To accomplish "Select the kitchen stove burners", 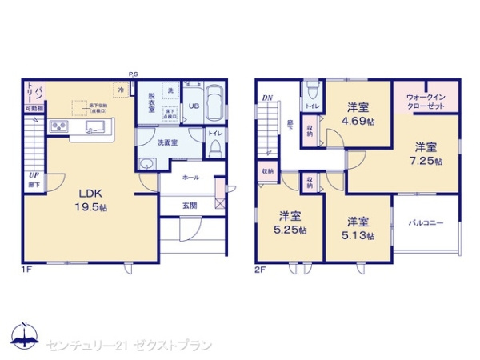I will pos(58,126).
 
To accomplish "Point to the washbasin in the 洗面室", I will pos(146,165).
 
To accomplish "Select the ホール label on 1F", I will pos(190,178).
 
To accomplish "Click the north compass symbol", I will pos(24,336).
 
